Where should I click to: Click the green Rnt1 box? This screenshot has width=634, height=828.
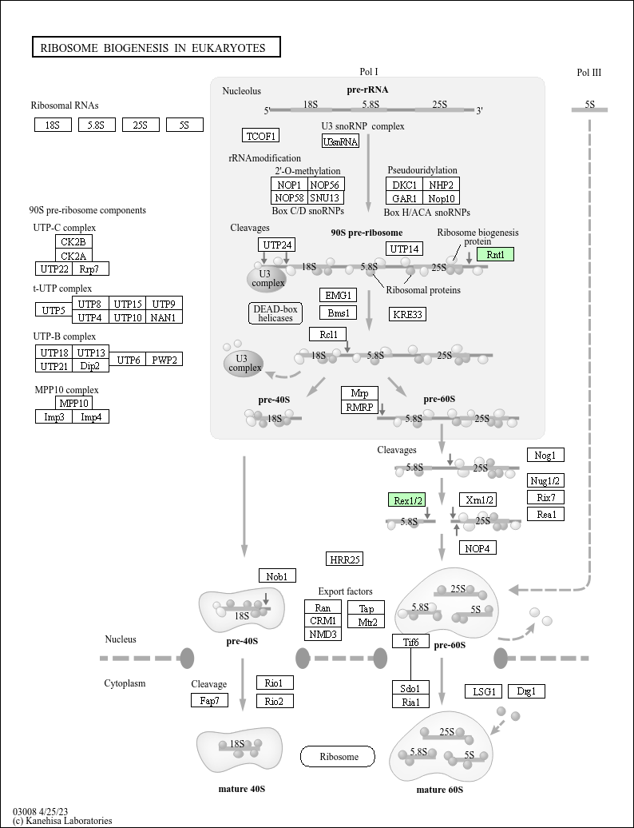point(495,254)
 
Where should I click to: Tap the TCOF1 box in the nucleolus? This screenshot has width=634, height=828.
point(261,135)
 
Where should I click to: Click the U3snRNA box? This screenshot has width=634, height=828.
point(340,141)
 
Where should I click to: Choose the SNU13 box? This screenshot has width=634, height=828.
point(325,197)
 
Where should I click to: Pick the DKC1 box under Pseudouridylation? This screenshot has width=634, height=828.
point(406,185)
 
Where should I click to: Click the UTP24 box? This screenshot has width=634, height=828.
point(277,245)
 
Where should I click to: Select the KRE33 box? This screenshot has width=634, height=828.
point(408,314)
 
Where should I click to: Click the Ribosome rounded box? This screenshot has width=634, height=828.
point(337,756)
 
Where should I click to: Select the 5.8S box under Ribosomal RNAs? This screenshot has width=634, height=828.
point(97,125)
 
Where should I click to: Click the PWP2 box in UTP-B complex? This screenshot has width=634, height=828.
point(164,360)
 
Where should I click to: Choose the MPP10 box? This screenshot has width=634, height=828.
point(74,403)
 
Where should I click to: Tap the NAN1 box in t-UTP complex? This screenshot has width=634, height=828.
point(164,317)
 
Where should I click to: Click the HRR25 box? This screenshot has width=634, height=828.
point(345,559)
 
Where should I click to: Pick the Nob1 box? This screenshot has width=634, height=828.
point(277,575)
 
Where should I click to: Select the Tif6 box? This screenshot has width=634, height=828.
point(411,641)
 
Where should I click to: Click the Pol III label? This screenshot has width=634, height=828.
point(589,73)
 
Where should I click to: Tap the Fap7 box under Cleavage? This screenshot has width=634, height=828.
point(210,701)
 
